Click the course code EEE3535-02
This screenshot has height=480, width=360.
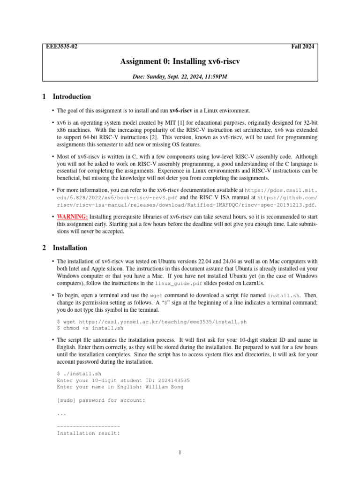(x=61, y=47)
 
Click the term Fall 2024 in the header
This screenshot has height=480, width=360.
(x=303, y=47)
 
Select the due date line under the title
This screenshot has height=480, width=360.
(x=180, y=75)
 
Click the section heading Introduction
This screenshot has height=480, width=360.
(x=72, y=97)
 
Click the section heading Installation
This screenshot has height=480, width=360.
(x=70, y=247)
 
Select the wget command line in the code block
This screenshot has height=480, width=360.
(x=151, y=322)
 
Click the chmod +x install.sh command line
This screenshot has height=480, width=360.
(x=90, y=329)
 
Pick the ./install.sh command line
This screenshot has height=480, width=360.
(x=79, y=374)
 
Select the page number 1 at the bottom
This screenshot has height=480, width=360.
(x=180, y=453)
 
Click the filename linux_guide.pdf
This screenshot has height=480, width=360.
(x=176, y=284)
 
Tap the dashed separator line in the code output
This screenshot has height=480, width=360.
(x=88, y=427)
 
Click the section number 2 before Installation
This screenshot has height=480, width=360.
(x=44, y=247)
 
